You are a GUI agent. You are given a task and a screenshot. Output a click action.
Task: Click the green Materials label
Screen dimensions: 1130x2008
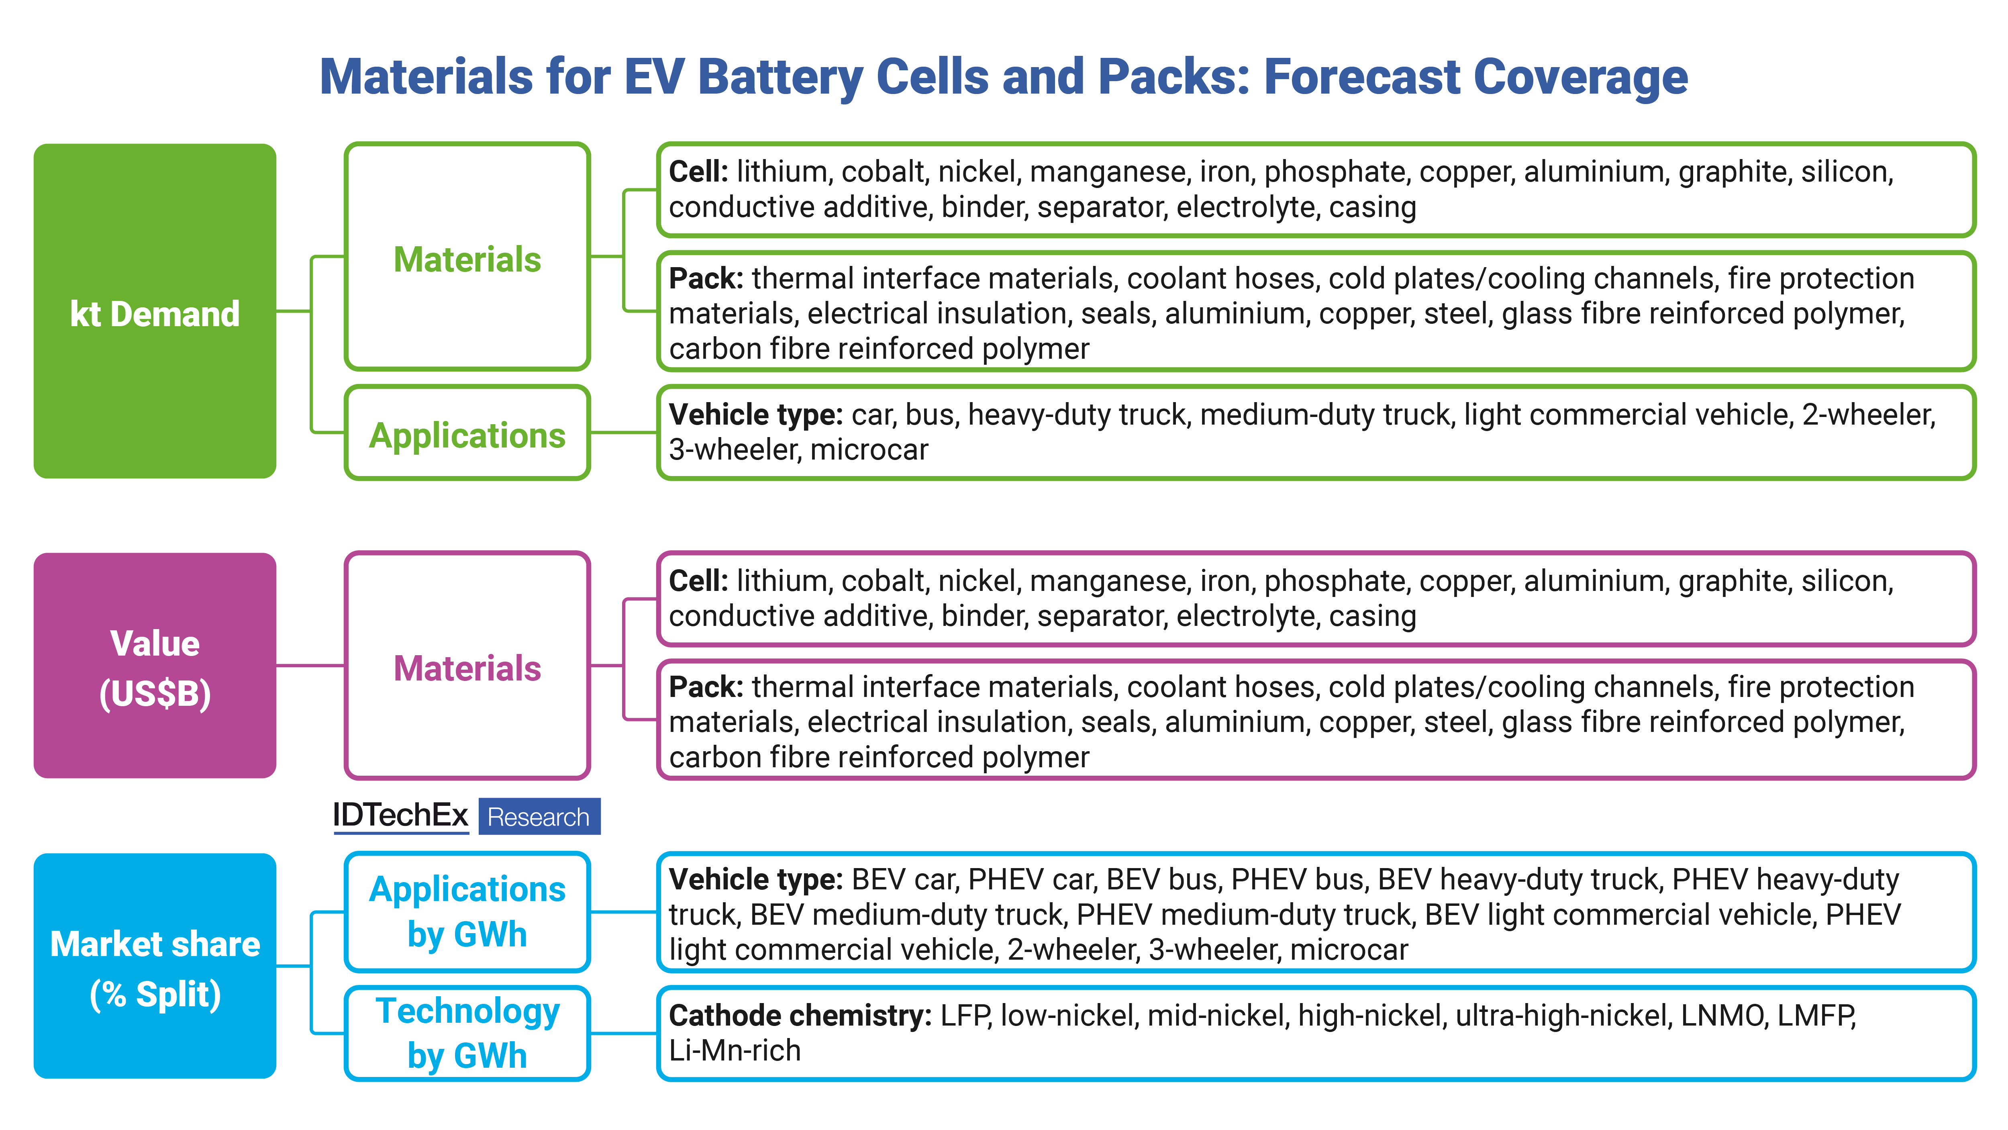coord(467,259)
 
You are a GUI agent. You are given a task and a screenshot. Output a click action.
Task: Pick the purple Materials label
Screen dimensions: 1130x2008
coord(467,668)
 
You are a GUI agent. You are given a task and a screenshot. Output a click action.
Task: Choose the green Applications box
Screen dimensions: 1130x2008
coord(467,433)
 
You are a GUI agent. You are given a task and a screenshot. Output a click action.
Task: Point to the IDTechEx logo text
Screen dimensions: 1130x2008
coord(400,816)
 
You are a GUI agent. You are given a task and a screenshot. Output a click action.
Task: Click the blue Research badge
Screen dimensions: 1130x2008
coord(539,817)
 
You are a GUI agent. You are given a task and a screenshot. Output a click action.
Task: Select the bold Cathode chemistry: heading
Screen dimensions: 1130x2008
coord(800,1016)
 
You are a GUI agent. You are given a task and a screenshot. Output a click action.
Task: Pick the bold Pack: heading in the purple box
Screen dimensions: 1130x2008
coord(706,687)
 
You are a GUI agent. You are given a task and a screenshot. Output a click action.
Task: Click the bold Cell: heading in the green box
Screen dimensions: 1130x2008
coord(698,172)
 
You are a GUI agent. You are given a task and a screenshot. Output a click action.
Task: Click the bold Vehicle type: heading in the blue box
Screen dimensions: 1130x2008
coord(755,880)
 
